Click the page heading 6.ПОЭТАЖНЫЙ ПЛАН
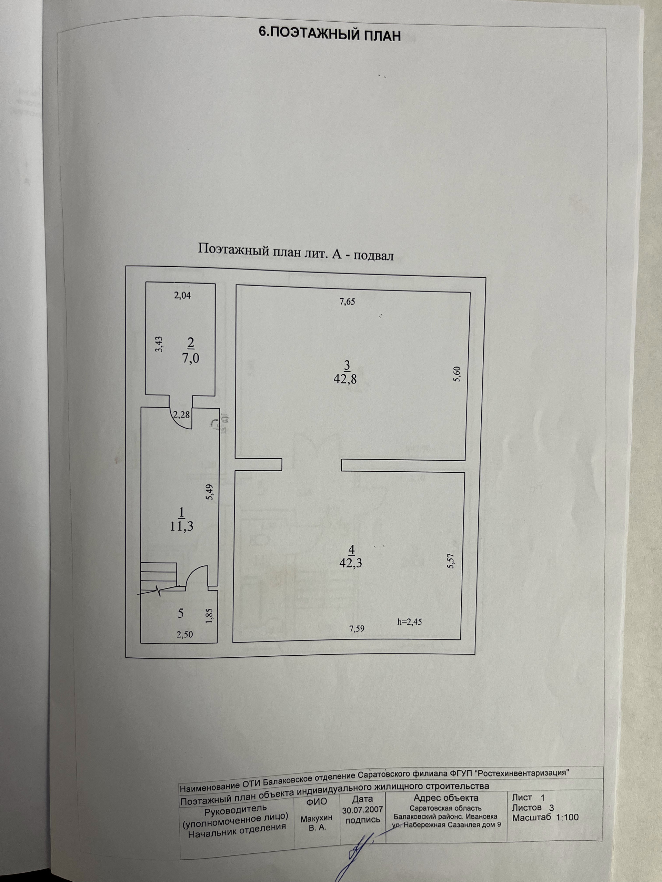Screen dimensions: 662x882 pyautogui.click(x=330, y=35)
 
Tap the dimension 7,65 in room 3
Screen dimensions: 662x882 pyautogui.click(x=347, y=302)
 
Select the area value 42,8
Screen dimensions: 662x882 pyautogui.click(x=345, y=378)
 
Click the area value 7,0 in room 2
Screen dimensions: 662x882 pyautogui.click(x=190, y=358)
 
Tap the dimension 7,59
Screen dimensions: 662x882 pyautogui.click(x=357, y=629)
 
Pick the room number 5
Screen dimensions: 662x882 pyautogui.click(x=181, y=613)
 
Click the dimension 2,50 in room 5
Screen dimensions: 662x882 pyautogui.click(x=184, y=634)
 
